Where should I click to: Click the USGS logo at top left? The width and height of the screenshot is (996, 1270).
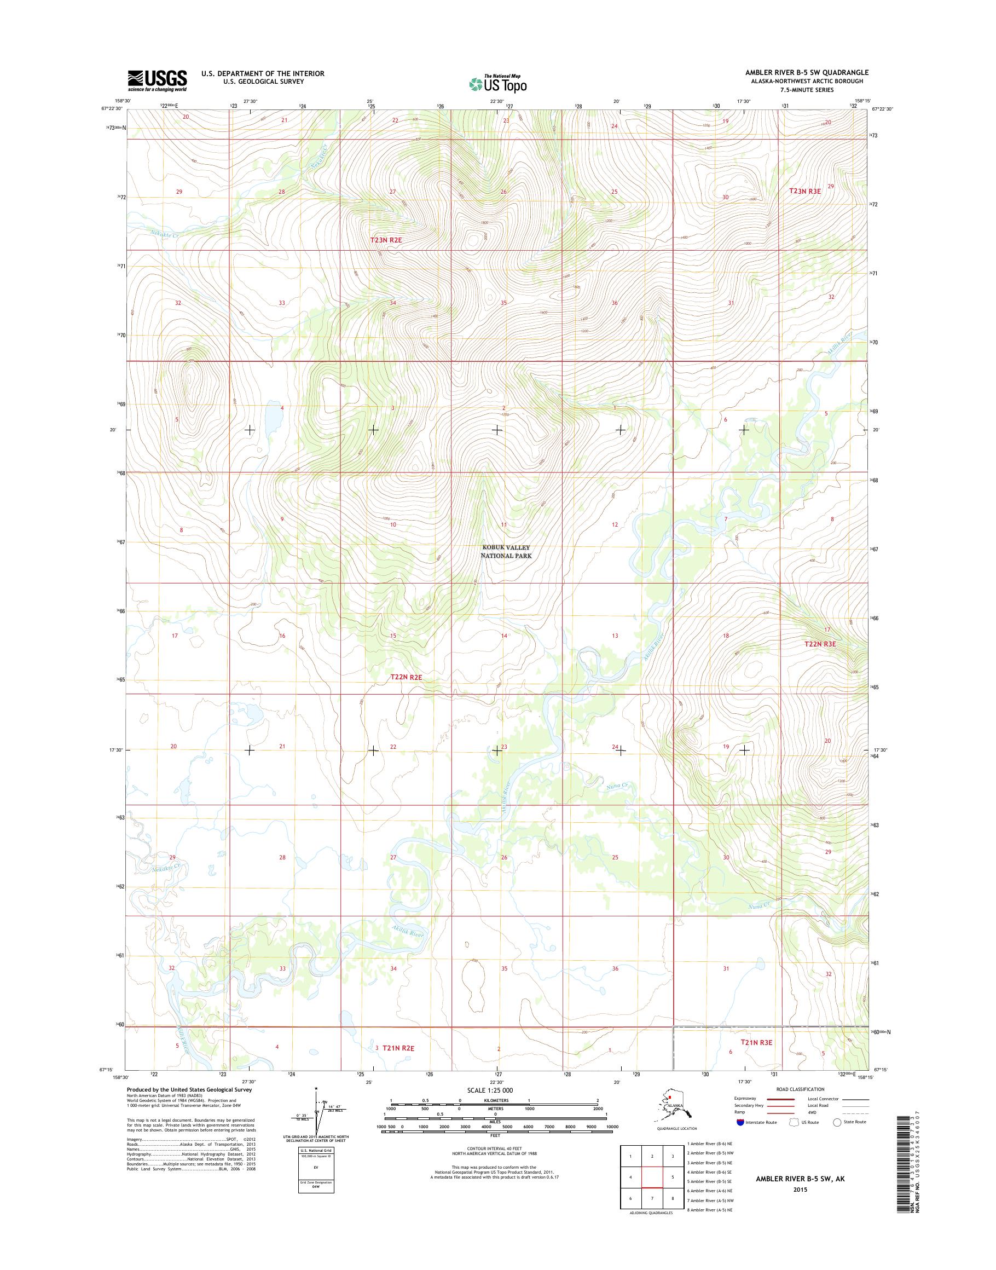[158, 80]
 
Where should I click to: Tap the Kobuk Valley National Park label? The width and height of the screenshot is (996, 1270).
[506, 552]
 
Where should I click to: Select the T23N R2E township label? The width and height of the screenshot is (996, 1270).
[395, 240]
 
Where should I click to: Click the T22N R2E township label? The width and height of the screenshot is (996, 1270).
[406, 677]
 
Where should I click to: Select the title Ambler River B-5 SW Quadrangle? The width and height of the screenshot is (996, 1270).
[807, 72]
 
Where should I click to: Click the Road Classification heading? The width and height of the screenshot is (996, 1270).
[800, 1089]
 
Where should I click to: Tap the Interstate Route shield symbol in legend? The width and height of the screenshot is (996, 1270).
[740, 1122]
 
